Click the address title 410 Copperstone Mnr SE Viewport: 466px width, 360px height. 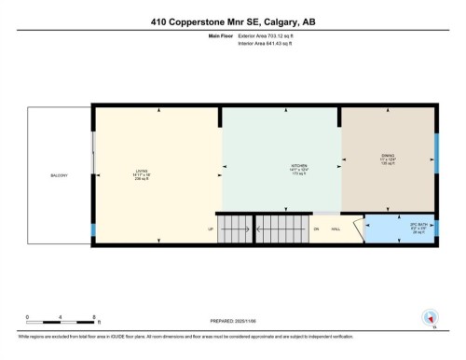click(232, 22)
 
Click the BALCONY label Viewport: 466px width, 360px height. click(59, 175)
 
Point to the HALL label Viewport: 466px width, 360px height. click(335, 229)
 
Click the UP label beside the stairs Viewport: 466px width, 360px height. click(209, 229)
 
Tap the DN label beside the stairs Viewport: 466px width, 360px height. click(316, 229)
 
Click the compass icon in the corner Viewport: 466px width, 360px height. click(431, 317)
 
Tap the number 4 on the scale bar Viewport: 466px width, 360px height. click(60, 317)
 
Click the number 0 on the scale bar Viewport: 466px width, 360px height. click(28, 317)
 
